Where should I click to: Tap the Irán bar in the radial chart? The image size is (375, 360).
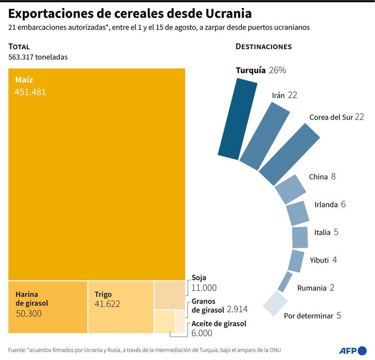tap(263, 136)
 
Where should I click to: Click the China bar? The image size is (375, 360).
tap(290, 189)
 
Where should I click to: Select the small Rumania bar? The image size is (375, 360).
tap(285, 282)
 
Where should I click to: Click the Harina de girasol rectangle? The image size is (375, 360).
tap(48, 306)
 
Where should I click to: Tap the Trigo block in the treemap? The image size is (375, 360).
tap(120, 306)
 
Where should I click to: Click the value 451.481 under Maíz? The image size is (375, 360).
tap(31, 91)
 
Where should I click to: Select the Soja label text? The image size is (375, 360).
tap(199, 278)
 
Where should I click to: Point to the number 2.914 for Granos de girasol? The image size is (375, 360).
tap(238, 309)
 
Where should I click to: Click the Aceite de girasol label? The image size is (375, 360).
tap(219, 324)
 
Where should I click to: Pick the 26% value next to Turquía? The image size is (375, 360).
tap(277, 70)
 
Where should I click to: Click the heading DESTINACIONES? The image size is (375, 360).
tap(263, 47)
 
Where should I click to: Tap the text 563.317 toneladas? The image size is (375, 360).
tap(37, 57)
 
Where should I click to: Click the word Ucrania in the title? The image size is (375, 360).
tap(229, 13)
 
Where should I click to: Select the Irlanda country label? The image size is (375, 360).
tap(326, 204)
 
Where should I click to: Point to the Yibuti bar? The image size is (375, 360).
tap(296, 261)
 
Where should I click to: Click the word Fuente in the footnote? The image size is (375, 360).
tap(18, 350)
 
